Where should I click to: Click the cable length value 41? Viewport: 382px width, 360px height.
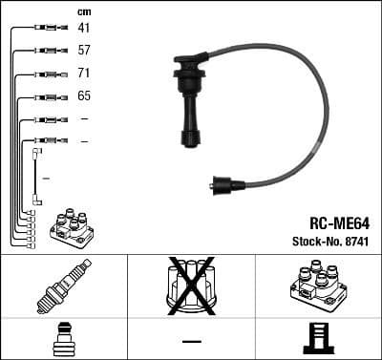point(83,28)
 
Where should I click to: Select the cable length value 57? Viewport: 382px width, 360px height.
point(83,51)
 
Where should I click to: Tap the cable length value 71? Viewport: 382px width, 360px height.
point(83,74)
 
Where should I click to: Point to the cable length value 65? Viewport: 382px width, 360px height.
point(83,96)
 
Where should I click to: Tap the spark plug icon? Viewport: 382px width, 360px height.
point(63,286)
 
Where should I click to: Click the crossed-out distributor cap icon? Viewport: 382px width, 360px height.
point(190,285)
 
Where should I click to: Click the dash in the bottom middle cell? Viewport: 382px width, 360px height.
point(191,341)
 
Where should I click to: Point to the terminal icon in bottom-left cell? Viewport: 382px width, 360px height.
point(63,339)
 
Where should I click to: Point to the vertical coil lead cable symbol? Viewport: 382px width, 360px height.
point(36,176)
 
